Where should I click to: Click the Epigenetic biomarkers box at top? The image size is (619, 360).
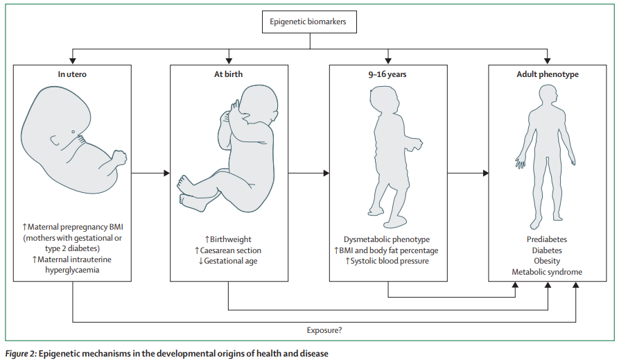coord(309,22)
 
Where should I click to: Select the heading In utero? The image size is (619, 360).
coord(72,74)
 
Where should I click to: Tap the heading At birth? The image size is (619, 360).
coord(229,74)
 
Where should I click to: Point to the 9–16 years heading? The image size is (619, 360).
coord(387,74)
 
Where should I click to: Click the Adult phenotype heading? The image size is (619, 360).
coord(548,74)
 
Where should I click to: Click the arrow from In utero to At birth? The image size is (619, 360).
coord(150,173)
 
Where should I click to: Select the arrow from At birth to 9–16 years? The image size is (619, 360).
coord(308,173)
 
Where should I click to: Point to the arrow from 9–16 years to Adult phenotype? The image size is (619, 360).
coord(468,173)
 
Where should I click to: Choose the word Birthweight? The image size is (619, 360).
coord(232,239)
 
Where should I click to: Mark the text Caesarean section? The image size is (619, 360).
coord(231,250)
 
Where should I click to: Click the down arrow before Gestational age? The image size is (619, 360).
coord(200,262)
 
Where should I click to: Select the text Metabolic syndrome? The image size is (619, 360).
coord(547,273)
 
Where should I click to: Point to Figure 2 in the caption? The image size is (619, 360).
coord(19,353)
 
